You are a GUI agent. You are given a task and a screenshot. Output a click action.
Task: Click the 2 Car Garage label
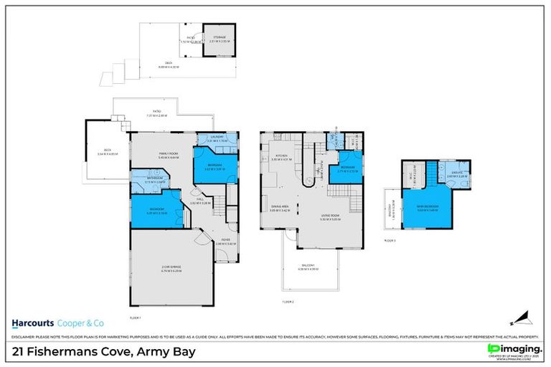point(171,270)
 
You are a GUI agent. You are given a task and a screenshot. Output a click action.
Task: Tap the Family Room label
point(169,155)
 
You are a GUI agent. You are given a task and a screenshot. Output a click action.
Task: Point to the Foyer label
point(225,242)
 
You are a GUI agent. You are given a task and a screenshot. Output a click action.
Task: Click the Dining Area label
point(279,209)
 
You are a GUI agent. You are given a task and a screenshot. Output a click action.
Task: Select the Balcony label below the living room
point(309,268)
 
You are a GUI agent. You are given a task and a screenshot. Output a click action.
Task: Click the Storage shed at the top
point(218,39)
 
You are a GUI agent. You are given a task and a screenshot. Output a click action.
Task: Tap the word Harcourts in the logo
point(32,323)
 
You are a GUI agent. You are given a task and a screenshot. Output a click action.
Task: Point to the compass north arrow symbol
point(519,318)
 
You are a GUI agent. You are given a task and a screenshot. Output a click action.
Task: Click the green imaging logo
point(512,349)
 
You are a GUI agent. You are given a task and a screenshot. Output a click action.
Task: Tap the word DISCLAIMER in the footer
point(24,336)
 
